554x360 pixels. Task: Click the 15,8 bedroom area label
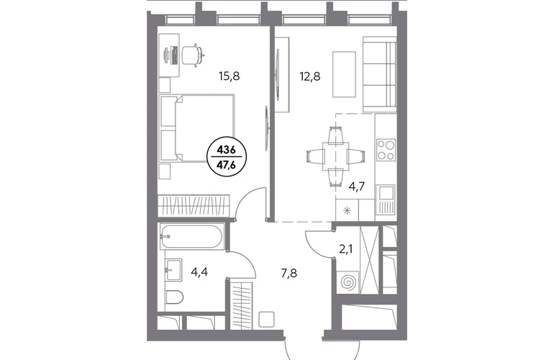[x=230, y=76]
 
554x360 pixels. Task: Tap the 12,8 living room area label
[x=310, y=76]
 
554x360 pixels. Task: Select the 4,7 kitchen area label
[x=356, y=186]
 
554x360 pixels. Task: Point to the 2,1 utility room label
[x=346, y=250]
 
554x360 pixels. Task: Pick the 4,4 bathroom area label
[x=199, y=272]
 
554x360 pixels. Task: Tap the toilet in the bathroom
[x=174, y=297]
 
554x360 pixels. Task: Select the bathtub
[x=191, y=236]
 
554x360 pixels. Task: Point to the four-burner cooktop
[x=386, y=150]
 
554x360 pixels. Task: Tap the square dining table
[x=336, y=156]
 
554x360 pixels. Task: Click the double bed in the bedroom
[x=196, y=128]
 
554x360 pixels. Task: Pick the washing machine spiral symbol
[x=349, y=282]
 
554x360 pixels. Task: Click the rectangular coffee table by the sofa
[x=344, y=74]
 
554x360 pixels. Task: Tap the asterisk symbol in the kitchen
[x=347, y=211]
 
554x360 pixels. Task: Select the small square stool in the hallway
[x=267, y=320]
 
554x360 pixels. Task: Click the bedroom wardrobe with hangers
[x=194, y=205]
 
